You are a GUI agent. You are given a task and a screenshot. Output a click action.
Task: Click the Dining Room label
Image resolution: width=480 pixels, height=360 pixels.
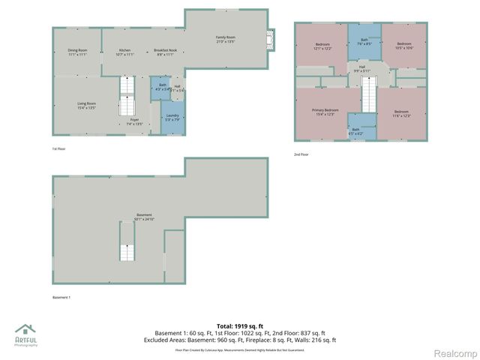78,52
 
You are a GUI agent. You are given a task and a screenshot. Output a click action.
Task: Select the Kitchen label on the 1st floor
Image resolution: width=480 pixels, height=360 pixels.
124,52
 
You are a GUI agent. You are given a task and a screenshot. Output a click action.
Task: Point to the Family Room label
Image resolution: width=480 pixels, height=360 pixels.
225,39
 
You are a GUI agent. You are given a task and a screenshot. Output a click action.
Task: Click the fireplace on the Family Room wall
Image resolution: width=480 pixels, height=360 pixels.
271,39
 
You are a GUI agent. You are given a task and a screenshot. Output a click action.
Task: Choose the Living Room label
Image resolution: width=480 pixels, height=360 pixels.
87,106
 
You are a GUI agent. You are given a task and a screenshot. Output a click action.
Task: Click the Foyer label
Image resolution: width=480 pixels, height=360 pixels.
134,121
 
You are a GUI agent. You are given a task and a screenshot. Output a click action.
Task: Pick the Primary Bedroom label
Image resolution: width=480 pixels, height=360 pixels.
325,112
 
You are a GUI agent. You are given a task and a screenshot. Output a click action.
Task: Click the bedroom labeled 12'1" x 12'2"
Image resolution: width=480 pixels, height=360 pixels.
322,46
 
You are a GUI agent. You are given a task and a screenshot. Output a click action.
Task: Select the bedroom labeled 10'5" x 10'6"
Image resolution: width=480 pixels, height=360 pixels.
404,46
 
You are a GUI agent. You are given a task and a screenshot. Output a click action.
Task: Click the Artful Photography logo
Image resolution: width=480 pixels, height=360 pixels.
27,335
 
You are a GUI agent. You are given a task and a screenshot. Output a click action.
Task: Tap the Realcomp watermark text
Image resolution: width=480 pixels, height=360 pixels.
455,352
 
